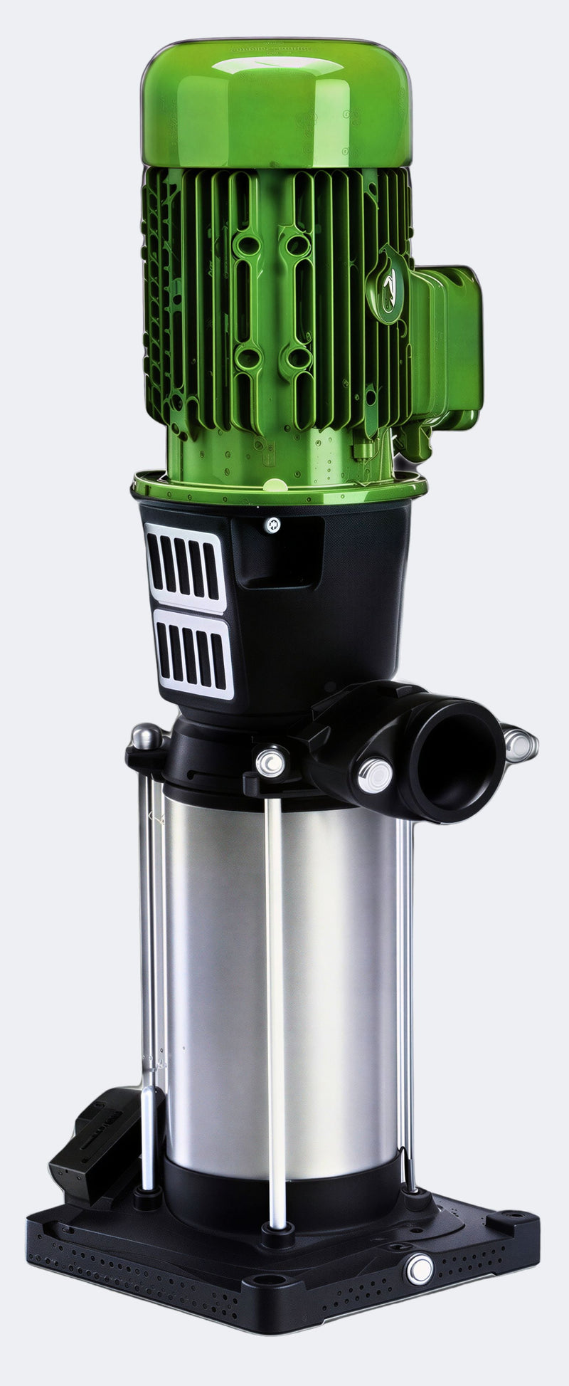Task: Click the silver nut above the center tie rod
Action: pyautogui.click(x=271, y=762)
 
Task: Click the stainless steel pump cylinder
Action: pyautogui.click(x=284, y=982)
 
